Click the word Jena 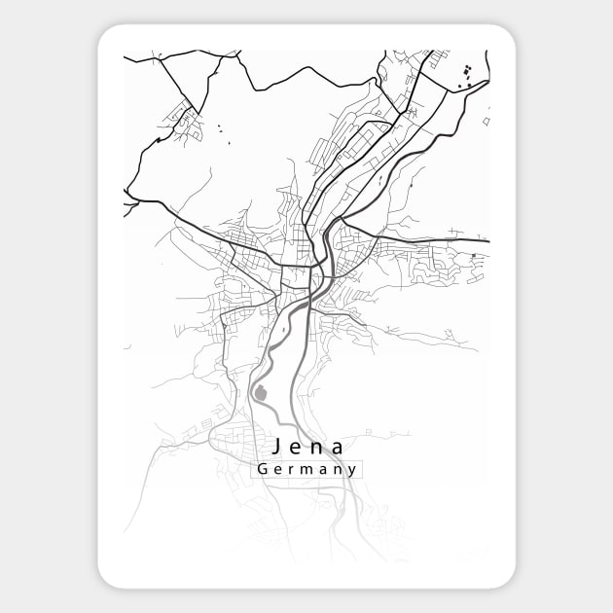309,447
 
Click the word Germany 307,469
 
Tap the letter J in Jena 279,447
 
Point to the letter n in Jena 318,448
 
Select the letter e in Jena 299,448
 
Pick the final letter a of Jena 338,448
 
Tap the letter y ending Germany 351,471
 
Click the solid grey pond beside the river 260,394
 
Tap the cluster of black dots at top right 466,75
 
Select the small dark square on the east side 473,256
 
